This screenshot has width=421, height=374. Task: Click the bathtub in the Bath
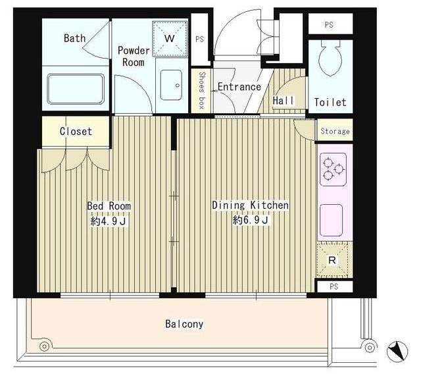76,89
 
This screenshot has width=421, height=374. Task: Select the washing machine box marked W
170,39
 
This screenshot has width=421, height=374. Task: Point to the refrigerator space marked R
332,260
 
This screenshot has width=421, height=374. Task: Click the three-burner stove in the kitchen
334,169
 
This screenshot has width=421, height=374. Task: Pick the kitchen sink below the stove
332,220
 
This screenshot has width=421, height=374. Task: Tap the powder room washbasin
171,85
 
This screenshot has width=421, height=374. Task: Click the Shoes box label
201,90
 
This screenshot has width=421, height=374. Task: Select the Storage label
335,131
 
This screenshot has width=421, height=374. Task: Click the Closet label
76,131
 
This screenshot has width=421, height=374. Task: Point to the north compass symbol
397,351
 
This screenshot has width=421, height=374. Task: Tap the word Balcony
184,324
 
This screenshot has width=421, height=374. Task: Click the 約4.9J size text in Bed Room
108,221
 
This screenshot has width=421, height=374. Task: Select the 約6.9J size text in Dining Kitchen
250,220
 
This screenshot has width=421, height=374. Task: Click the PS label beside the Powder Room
199,40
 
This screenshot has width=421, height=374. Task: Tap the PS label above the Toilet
329,25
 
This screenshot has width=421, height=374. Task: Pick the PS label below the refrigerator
334,286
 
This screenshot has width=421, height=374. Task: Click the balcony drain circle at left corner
44,346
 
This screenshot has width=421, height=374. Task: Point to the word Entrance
239,87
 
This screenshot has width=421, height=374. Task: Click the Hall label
284,101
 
